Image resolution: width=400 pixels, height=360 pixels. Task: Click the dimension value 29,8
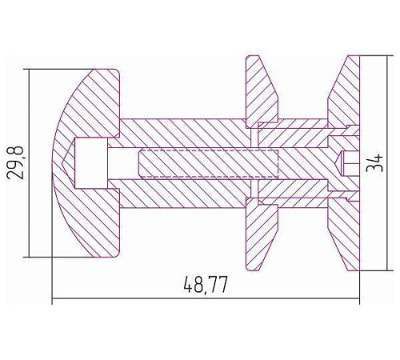tap(15, 162)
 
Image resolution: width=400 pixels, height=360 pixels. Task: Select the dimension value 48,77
tap(206, 286)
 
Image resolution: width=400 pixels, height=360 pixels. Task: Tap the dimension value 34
tap(375, 163)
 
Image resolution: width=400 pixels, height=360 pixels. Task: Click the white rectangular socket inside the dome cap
tap(91, 163)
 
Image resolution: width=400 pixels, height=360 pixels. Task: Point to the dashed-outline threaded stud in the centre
tap(209, 163)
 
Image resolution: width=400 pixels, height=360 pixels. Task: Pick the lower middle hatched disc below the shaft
tap(262, 234)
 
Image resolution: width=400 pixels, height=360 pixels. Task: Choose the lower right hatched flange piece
tap(344, 234)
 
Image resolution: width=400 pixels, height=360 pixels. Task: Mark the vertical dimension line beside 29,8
tap(29, 163)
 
